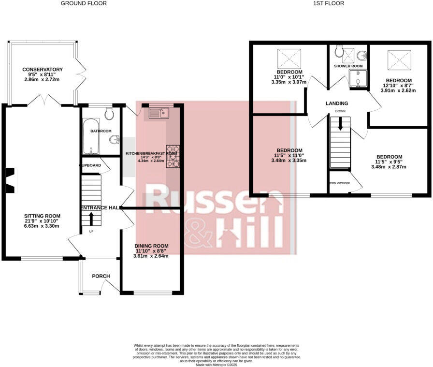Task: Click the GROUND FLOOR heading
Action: (x=84, y=3)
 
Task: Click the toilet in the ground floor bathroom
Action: (x=109, y=114)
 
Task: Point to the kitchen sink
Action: (x=158, y=113)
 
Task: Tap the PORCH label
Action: (x=101, y=276)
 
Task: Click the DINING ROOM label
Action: (x=151, y=246)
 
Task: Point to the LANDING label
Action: (x=337, y=103)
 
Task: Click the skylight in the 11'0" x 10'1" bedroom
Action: (x=289, y=58)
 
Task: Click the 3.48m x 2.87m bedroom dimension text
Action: (x=389, y=167)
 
